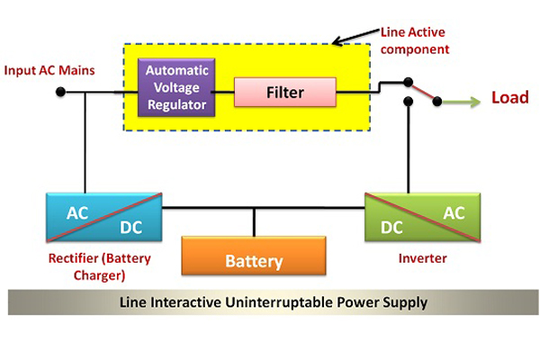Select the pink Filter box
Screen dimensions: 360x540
click(284, 92)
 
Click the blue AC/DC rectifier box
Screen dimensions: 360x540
click(103, 217)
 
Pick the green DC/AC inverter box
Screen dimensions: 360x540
click(422, 217)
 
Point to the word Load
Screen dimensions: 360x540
click(509, 97)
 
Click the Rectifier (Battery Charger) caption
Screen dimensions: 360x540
click(99, 266)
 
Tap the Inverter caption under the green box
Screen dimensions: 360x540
click(421, 258)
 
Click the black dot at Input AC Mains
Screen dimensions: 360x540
click(60, 92)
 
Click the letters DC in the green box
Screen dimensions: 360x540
click(391, 227)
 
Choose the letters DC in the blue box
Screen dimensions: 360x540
click(130, 227)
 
